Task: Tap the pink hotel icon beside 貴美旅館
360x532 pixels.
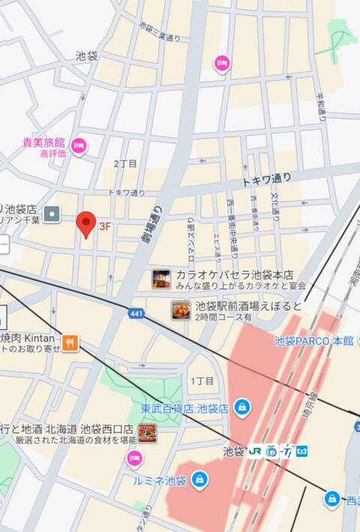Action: coord(79,146)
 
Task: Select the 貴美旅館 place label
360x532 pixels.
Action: coord(43,143)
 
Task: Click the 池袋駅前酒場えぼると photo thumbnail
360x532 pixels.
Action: coord(181,310)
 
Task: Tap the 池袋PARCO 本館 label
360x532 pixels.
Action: coord(313,341)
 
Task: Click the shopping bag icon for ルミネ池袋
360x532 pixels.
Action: coord(199,479)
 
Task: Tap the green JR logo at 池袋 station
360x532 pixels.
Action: coord(256,451)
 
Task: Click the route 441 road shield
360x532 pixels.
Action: coord(136,313)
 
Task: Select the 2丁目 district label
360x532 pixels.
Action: coord(125,164)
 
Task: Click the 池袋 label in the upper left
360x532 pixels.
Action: coord(86,56)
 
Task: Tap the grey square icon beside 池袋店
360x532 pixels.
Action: coord(52,214)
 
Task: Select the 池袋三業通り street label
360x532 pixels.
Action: coord(160,32)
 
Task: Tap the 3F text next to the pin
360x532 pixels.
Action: coord(106,225)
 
